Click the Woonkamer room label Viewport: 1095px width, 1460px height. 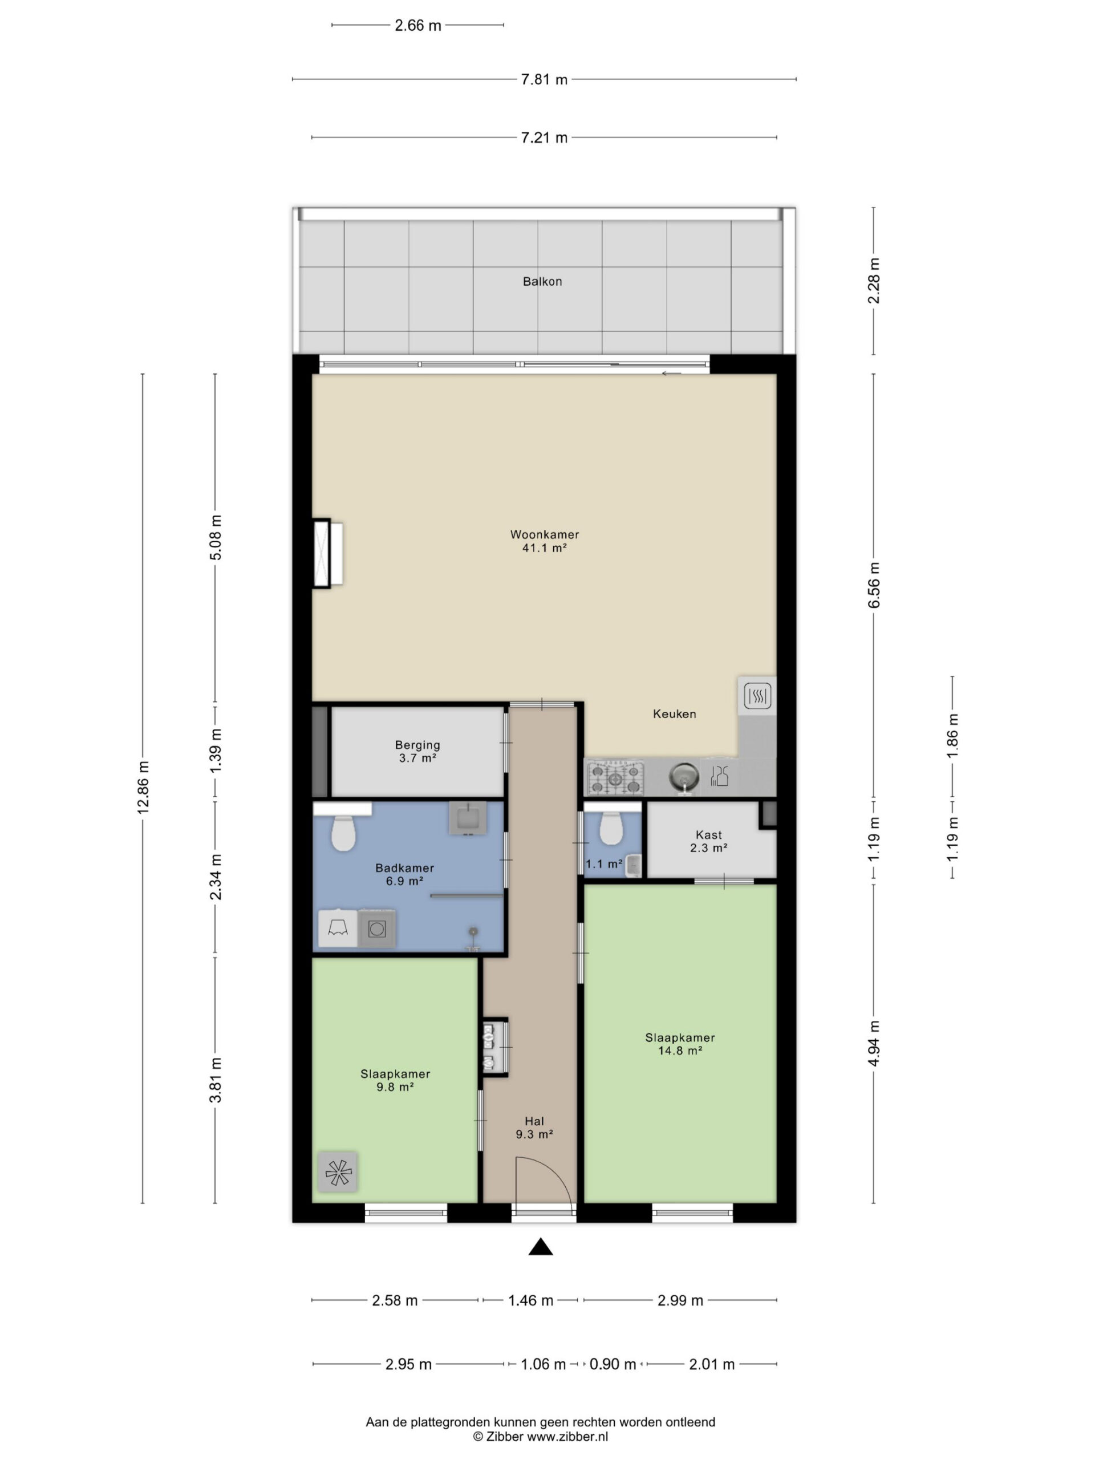click(544, 534)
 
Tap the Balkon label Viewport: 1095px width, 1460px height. click(542, 281)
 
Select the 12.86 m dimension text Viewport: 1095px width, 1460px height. click(143, 787)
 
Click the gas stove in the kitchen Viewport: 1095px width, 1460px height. click(615, 777)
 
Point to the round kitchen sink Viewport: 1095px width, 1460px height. click(684, 776)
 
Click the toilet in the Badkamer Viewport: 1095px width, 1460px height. click(343, 833)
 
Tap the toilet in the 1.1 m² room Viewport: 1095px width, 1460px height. click(611, 828)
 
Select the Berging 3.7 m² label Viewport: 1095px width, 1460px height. click(417, 751)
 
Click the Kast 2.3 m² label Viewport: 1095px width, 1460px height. click(708, 842)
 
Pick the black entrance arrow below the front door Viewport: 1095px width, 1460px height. click(541, 1246)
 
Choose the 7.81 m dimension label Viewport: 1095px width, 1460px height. click(544, 80)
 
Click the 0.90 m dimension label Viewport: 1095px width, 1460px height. click(613, 1364)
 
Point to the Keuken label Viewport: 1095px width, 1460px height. click(674, 713)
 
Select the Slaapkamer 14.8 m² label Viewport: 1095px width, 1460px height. click(680, 1044)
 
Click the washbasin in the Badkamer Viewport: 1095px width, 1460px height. click(468, 818)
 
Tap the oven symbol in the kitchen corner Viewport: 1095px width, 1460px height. click(757, 695)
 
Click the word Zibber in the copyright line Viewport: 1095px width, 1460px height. click(505, 1436)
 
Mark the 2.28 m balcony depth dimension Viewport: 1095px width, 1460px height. click(873, 281)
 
